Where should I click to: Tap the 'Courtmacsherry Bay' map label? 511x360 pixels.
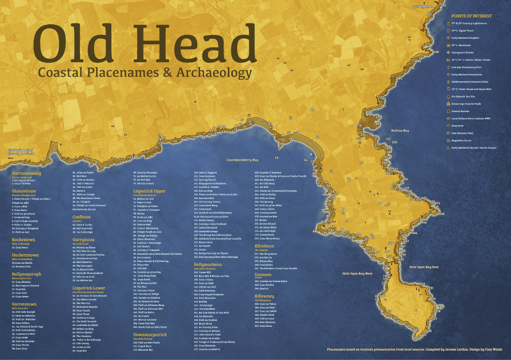(x=242, y=160)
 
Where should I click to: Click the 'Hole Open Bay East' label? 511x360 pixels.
(x=424, y=267)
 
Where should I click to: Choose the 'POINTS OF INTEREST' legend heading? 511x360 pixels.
(x=471, y=16)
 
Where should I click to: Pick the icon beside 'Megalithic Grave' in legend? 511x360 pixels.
(x=448, y=140)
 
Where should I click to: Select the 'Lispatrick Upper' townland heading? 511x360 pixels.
(x=149, y=191)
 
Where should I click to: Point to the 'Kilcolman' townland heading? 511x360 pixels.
(x=264, y=246)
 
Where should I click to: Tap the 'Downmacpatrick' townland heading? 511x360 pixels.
(x=149, y=335)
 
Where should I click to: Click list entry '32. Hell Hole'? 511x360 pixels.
(x=80, y=176)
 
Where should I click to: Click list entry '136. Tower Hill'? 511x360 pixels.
(x=205, y=272)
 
